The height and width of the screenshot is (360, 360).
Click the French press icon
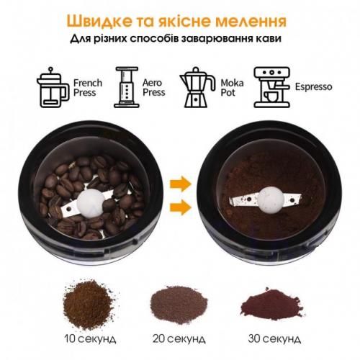[53, 88]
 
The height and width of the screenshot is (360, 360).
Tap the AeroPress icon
[127, 87]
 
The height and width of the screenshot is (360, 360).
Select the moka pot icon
[197, 87]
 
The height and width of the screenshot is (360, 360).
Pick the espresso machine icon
[272, 87]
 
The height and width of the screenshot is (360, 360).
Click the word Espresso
[313, 87]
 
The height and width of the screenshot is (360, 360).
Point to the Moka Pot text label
[232, 88]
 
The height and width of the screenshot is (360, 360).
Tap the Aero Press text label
[154, 88]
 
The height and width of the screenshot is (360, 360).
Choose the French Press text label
[88, 88]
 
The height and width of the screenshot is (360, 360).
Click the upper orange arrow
[181, 184]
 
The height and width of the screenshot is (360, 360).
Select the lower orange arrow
[181, 207]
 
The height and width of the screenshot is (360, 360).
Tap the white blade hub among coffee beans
[91, 203]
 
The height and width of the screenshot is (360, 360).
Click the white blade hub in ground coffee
[271, 200]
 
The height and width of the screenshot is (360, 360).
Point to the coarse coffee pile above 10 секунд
[88, 305]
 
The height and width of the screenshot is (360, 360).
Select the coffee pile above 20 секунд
[179, 305]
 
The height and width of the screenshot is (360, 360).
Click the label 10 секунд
[90, 339]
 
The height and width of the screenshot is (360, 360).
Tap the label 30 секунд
[274, 339]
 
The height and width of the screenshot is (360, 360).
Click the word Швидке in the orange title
[99, 21]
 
